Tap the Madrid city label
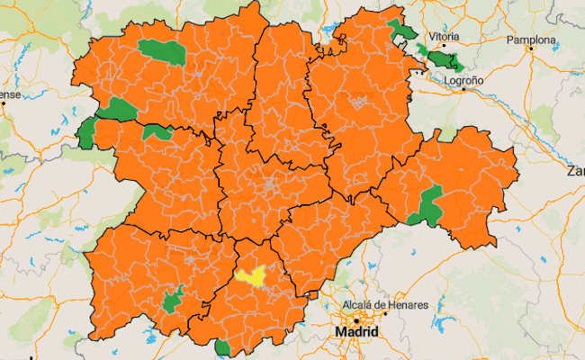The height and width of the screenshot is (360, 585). tap(356, 333)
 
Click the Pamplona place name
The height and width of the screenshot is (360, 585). tap(531, 40)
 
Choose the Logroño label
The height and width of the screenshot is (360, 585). tap(464, 80)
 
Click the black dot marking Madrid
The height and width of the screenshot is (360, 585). tap(356, 319)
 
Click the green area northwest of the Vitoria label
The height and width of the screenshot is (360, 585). tap(401, 31)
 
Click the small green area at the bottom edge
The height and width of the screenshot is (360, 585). tap(222, 346)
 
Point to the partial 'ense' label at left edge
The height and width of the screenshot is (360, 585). tap(9, 94)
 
